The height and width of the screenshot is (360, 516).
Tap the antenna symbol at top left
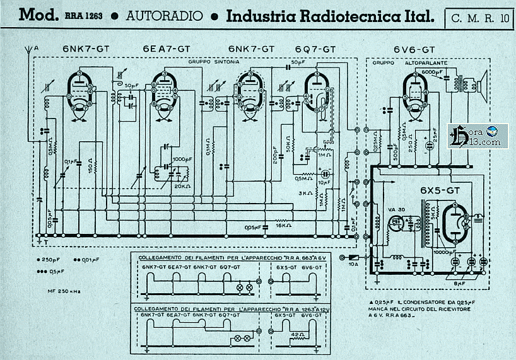click(28, 50)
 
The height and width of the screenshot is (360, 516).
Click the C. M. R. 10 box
click(480, 18)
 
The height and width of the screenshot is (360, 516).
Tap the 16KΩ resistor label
click(283, 224)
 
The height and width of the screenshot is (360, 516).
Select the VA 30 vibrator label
click(396, 209)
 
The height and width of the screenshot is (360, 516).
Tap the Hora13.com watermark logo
click(474, 136)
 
